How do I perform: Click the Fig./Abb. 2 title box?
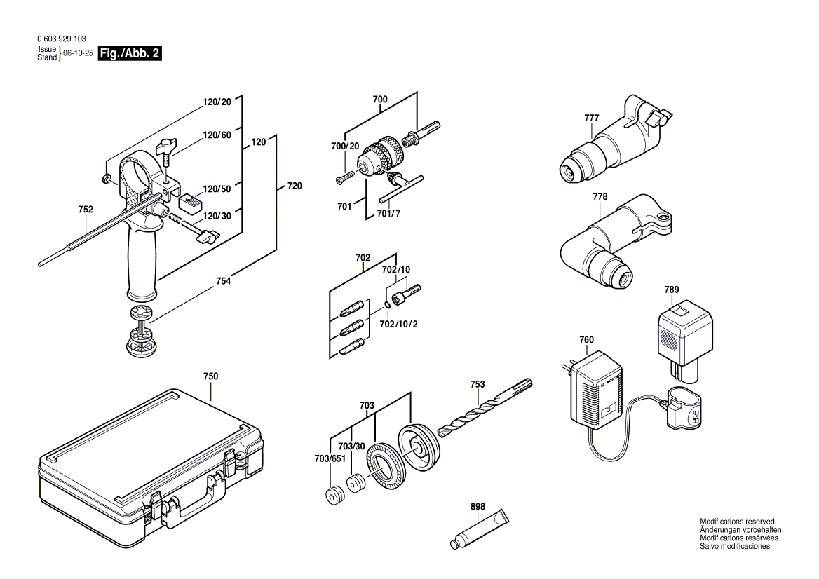tap(130, 53)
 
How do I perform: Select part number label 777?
tap(591, 118)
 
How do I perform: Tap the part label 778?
tap(600, 197)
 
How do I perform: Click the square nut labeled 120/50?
tap(189, 204)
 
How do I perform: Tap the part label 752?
tap(86, 209)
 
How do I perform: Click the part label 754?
tap(223, 281)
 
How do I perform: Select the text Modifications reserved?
tap(737, 522)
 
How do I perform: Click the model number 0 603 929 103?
tap(60, 40)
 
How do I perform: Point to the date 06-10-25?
tap(78, 53)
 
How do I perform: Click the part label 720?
tap(295, 186)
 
